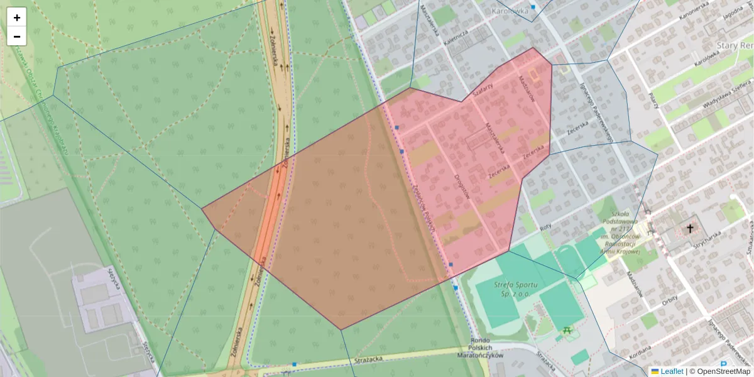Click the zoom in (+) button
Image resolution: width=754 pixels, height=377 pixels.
tap(17, 18)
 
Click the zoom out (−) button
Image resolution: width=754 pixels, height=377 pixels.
tap(17, 36)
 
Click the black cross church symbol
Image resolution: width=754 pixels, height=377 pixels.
tap(691, 229)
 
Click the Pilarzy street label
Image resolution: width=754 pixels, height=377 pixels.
tap(653, 101)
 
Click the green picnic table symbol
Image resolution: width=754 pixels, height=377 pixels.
tap(567, 329)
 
